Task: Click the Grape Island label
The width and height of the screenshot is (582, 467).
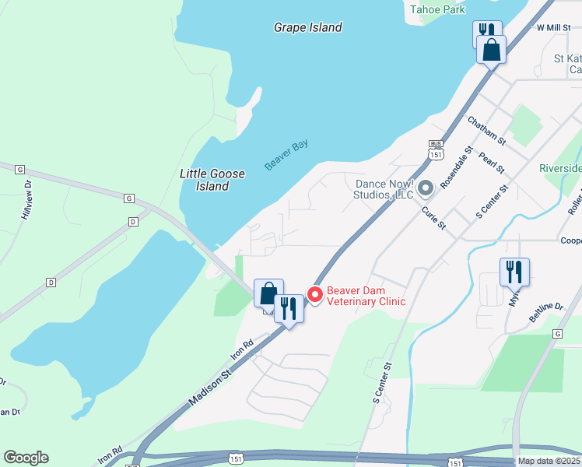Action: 307,27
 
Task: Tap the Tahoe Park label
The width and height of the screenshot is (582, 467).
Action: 437,9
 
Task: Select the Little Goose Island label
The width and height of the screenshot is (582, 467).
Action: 205,180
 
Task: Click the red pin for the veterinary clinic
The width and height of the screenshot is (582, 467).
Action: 315,294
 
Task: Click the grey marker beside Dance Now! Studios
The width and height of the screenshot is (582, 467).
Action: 425,188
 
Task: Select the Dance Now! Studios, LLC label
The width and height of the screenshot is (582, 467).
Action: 383,189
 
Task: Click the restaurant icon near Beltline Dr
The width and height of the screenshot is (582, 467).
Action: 514,272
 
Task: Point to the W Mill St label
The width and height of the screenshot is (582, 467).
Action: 554,27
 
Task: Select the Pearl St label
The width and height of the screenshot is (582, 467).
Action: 492,162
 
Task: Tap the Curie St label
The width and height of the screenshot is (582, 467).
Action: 433,218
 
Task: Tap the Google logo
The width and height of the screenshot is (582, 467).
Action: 26,457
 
